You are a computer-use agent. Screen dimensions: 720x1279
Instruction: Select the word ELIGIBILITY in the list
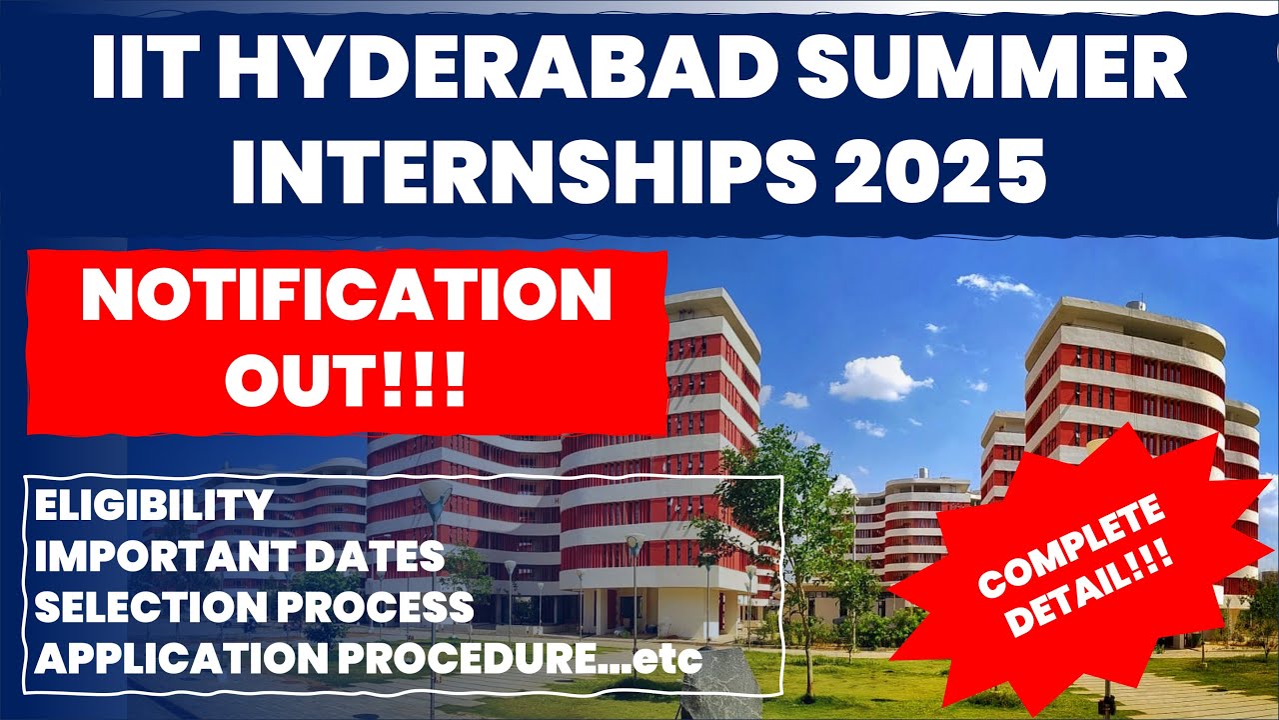153,506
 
